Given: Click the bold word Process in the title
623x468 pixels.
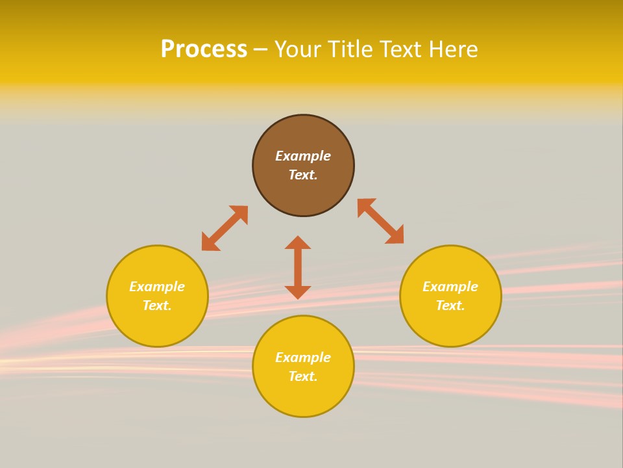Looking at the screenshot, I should click(x=204, y=49).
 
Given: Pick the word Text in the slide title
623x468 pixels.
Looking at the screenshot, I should click(x=400, y=49).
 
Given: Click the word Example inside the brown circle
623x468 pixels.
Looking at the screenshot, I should click(x=303, y=156).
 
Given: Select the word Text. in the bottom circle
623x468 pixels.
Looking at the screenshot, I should click(x=303, y=376).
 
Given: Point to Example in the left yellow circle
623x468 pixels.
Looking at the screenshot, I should click(x=157, y=287).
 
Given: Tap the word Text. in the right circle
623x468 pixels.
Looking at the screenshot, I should click(x=450, y=305).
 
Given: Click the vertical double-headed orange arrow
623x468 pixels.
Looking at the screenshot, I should click(x=298, y=267).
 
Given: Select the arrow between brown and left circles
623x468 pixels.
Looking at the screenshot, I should click(x=225, y=228).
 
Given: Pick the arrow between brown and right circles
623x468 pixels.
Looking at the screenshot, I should click(x=380, y=221).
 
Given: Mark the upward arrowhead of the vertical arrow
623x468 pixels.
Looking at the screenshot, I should click(x=298, y=243).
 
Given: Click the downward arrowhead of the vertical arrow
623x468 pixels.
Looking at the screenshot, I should click(x=298, y=292).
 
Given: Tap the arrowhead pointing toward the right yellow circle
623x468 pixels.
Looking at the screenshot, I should click(x=395, y=235).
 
